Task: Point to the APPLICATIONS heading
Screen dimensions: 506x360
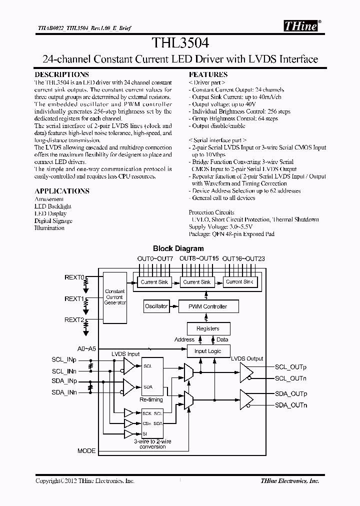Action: (62, 191)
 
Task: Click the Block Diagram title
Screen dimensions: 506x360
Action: (178, 248)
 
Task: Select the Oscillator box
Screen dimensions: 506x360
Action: (156, 306)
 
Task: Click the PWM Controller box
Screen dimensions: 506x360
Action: (207, 306)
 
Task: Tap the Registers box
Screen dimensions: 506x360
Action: (207, 328)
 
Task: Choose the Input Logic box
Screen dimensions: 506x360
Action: (207, 351)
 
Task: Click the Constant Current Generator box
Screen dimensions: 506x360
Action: (115, 297)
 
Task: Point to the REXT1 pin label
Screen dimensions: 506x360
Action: (74, 298)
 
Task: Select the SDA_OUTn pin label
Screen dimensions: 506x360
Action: (291, 404)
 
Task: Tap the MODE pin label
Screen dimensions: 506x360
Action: (86, 450)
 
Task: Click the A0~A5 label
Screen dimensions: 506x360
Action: (86, 348)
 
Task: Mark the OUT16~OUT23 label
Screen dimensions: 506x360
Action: (243, 258)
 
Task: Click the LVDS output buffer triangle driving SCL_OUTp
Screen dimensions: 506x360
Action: (246, 372)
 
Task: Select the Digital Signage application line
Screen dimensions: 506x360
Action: (53, 220)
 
